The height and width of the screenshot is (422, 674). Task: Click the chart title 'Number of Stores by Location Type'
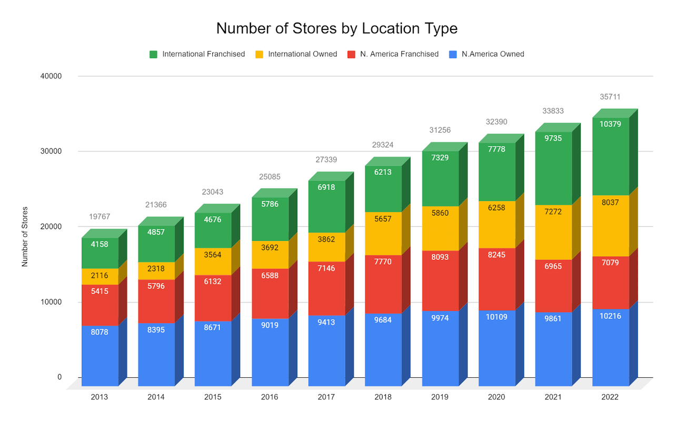pyautogui.click(x=337, y=28)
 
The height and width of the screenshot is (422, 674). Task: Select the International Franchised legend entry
pyautogui.click(x=203, y=54)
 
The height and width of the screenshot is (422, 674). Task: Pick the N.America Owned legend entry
pyautogui.click(x=492, y=54)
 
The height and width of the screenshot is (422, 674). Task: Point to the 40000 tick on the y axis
pyautogui.click(x=52, y=76)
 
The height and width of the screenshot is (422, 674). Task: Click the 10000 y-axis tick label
pyautogui.click(x=52, y=302)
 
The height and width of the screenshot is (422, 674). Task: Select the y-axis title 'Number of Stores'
pyautogui.click(x=25, y=237)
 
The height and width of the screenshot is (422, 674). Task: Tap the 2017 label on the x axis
pyautogui.click(x=326, y=397)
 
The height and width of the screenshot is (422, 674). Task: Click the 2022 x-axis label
pyautogui.click(x=610, y=397)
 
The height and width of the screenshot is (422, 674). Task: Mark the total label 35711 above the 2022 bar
pyautogui.click(x=610, y=97)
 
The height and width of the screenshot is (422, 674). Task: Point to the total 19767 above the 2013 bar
pyautogui.click(x=99, y=217)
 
